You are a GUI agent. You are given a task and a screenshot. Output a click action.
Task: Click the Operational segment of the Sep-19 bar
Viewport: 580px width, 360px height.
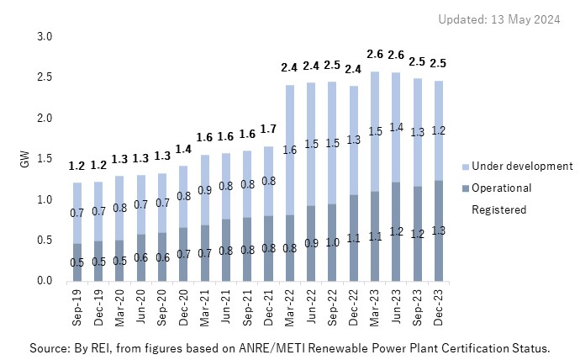[77, 262]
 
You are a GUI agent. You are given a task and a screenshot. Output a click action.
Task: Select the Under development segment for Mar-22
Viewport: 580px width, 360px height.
[290, 150]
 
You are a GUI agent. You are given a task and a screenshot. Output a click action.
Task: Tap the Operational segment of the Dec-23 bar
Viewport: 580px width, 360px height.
[438, 230]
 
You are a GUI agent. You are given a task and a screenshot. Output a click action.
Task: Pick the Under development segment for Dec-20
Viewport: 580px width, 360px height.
[183, 197]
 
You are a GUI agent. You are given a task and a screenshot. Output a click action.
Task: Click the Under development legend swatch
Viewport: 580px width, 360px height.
[466, 167]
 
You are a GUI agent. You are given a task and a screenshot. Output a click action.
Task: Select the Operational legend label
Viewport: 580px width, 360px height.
[501, 188]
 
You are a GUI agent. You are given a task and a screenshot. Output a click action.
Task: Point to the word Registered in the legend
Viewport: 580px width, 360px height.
[498, 209]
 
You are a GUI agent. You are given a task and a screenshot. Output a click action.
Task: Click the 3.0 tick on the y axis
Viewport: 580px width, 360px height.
[45, 36]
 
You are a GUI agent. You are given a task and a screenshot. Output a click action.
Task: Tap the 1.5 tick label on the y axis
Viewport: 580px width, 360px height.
[45, 159]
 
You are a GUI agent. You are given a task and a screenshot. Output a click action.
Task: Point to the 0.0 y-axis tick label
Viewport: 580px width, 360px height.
[45, 281]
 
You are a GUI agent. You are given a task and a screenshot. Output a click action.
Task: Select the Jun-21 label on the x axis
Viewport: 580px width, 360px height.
[226, 307]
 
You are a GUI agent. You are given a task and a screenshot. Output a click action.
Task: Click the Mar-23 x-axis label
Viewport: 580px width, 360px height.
[375, 307]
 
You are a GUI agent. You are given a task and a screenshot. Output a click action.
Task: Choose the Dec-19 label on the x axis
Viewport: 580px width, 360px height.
[98, 307]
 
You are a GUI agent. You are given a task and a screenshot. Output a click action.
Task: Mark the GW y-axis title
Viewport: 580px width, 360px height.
[24, 159]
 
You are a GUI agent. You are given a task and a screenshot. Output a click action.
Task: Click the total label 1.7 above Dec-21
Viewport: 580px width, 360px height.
[268, 129]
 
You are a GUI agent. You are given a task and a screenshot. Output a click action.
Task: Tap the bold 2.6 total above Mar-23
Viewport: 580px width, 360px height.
[375, 54]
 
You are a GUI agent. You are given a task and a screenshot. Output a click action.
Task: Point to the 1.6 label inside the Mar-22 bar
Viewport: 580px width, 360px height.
[290, 150]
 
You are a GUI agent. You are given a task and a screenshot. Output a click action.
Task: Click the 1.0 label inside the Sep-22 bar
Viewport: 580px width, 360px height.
[332, 242]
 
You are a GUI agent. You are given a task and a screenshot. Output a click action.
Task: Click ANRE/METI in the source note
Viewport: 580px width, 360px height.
[272, 348]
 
